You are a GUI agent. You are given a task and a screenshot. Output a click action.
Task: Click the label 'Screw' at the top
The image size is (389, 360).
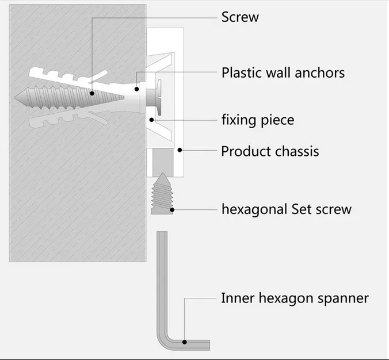(x=240, y=17)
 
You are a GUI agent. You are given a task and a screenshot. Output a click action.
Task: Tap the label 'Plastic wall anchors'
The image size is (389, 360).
(x=283, y=73)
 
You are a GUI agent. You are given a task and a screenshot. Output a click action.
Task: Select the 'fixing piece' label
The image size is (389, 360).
(x=258, y=120)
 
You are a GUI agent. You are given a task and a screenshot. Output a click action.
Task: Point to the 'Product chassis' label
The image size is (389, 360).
(x=270, y=151)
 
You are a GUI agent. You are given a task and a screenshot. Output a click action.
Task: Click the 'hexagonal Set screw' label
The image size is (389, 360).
(x=287, y=209)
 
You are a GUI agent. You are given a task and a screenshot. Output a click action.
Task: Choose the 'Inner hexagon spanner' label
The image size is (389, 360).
(x=295, y=298)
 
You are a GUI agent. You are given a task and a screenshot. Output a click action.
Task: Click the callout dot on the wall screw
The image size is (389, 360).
(x=92, y=94)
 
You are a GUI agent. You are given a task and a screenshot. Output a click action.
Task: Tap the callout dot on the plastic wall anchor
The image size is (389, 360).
(x=137, y=89)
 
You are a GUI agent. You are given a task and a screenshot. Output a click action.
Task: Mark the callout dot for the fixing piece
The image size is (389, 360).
(x=152, y=120)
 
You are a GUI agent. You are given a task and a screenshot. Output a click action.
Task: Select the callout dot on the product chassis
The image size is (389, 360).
(x=180, y=150)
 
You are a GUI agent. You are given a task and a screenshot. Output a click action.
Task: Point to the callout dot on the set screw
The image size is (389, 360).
(x=172, y=210)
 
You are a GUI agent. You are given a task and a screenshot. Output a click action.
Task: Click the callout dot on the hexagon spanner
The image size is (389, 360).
(x=185, y=342)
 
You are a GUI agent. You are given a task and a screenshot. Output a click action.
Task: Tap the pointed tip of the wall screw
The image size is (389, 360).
(x=15, y=98)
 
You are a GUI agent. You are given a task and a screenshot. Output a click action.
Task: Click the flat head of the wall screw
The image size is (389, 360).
(x=158, y=97)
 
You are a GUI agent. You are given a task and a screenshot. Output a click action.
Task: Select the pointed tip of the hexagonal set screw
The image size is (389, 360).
(x=163, y=173)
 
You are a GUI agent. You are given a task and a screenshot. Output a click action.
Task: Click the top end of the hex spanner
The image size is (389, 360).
(x=162, y=232)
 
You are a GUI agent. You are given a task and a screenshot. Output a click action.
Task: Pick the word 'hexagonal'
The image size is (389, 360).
(x=254, y=209)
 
